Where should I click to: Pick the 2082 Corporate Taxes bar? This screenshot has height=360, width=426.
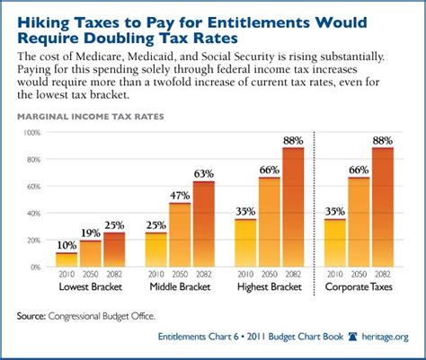coord(383,207)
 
